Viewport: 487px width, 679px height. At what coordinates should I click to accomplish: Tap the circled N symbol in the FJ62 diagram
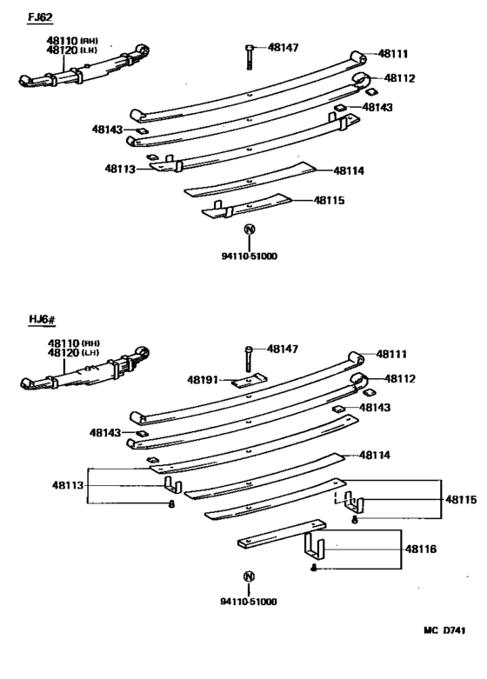point(250,230)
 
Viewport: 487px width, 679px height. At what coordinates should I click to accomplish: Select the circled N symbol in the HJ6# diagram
point(250,577)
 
